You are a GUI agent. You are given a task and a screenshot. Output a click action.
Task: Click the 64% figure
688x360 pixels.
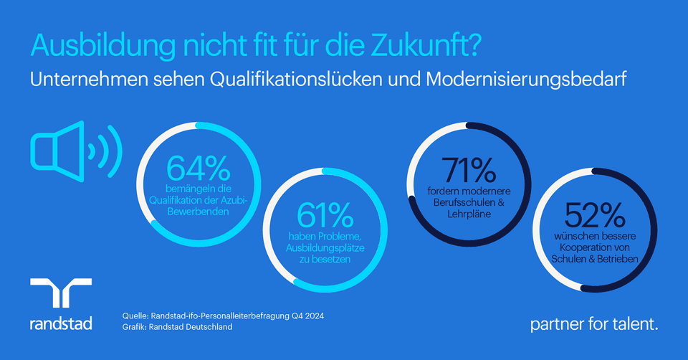(199, 167)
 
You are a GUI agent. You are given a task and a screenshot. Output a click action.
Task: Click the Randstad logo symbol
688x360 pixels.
(61, 296)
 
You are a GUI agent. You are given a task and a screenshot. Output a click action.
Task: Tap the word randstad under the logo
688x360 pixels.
(61, 323)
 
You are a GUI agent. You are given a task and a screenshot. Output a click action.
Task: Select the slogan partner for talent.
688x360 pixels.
(593, 324)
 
